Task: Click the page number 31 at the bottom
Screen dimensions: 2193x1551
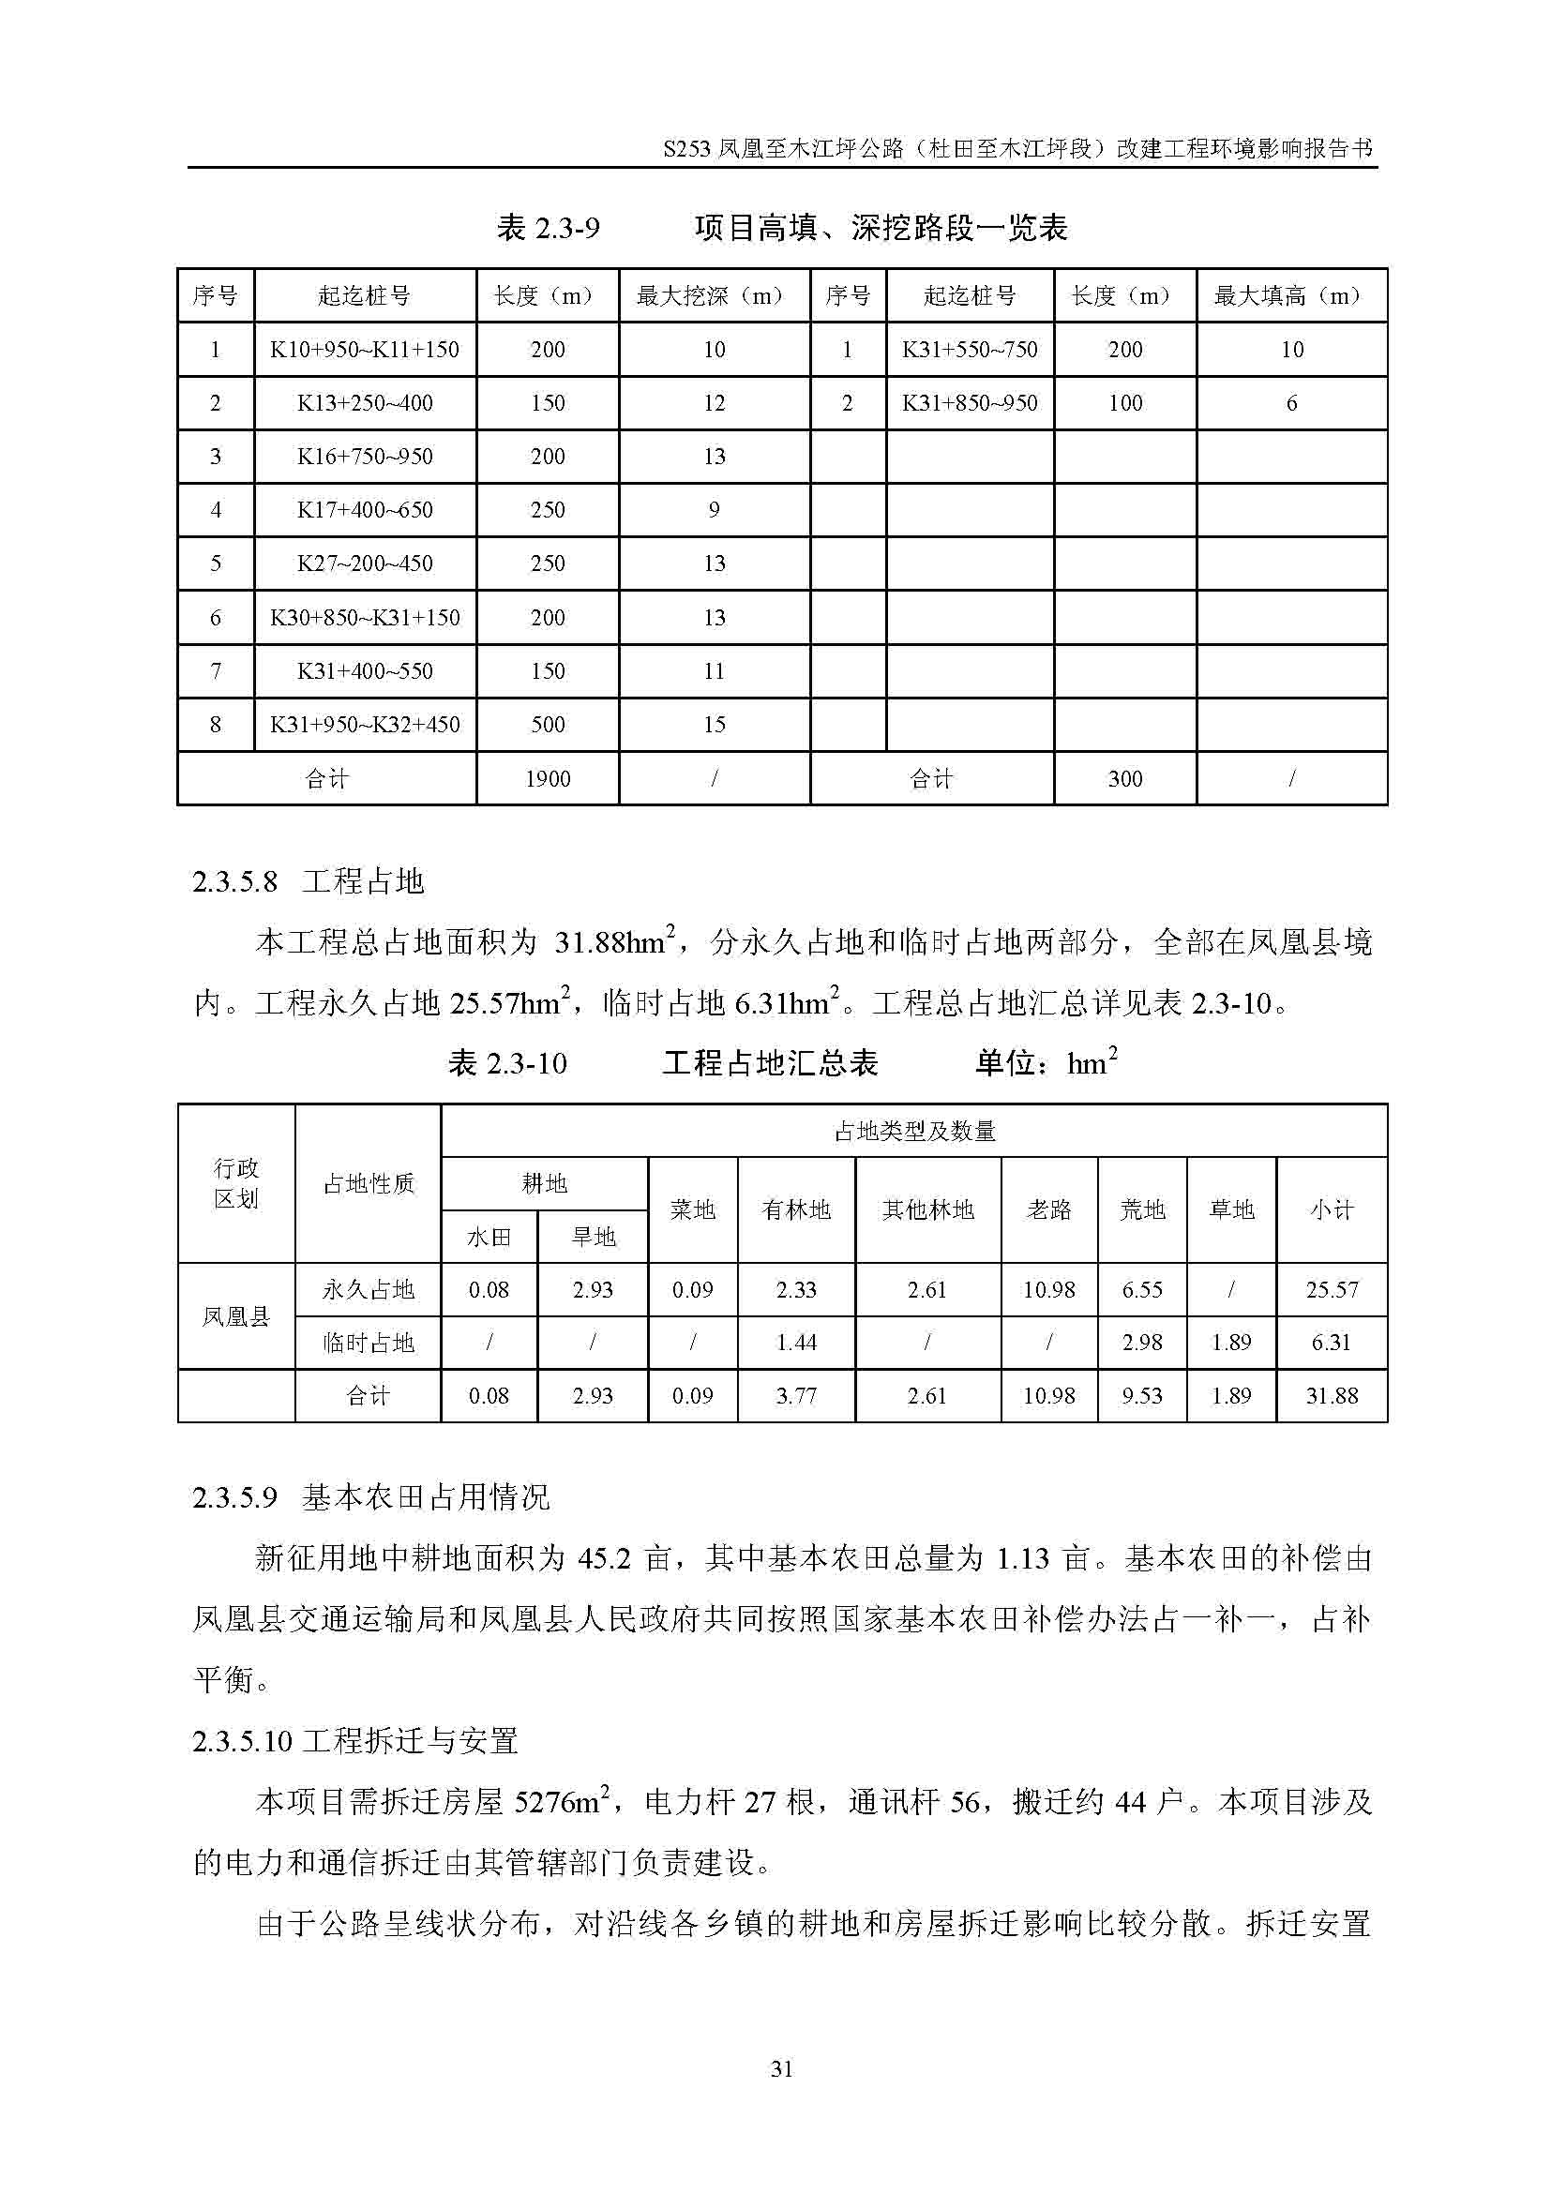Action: [781, 2069]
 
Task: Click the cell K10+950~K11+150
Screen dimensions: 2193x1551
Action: [365, 350]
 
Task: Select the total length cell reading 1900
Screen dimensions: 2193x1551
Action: [548, 778]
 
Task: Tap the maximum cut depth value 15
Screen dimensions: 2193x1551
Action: [715, 724]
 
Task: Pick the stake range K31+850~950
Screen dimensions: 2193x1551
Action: [970, 403]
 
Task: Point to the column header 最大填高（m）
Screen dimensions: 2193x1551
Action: [1290, 296]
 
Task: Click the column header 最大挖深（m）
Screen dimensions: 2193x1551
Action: [714, 296]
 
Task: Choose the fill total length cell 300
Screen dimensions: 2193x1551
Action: [1125, 778]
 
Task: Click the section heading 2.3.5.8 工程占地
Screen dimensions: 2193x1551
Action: [308, 880]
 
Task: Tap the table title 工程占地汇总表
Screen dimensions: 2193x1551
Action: [770, 1063]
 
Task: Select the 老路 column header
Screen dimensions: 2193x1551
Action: [1048, 1209]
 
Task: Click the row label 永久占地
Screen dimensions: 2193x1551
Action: [368, 1289]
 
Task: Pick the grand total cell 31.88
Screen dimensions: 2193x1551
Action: [1332, 1395]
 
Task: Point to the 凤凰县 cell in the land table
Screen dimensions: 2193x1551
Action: [236, 1316]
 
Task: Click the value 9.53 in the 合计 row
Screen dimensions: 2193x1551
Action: [1141, 1395]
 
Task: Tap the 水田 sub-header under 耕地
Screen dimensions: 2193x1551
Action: [488, 1237]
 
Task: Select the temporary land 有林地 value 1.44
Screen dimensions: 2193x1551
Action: [795, 1342]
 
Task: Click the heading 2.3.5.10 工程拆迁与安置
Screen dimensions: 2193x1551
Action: [355, 1740]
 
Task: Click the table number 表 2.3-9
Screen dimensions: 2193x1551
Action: [549, 228]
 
